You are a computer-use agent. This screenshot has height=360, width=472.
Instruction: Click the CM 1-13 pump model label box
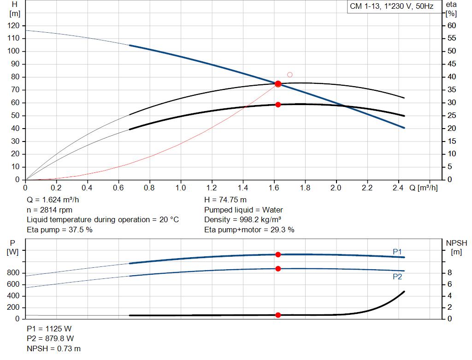391,6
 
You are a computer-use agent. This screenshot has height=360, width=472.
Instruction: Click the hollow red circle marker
289,75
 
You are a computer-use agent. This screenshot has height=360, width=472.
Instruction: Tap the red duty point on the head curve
278,84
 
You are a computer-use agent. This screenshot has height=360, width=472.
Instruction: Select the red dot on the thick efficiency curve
278,105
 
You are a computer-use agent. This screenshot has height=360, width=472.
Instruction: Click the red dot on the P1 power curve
278,254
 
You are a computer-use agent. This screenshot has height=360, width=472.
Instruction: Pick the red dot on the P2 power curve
278,269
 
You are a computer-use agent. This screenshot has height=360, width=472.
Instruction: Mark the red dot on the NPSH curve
278,315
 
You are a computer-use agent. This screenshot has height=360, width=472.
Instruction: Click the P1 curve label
397,251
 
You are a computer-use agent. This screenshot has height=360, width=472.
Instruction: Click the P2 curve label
397,277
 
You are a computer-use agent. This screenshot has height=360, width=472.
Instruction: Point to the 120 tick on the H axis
14,25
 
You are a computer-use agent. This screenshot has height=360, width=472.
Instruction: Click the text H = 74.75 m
225,200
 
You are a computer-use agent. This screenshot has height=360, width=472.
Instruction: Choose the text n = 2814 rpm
50,210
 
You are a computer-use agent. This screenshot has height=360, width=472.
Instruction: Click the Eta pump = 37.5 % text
59,230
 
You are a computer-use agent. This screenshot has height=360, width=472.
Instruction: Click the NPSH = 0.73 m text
53,349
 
